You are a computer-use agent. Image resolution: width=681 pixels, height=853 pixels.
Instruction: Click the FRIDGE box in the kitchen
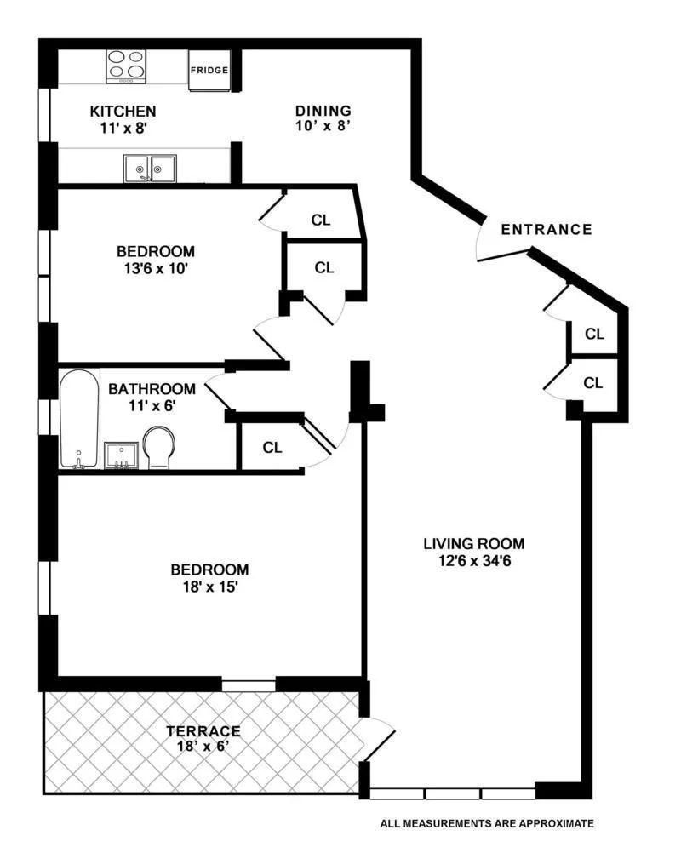click(209, 70)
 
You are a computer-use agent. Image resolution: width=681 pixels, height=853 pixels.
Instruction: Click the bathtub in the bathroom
click(78, 417)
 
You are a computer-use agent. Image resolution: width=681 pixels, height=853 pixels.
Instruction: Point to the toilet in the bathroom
click(158, 447)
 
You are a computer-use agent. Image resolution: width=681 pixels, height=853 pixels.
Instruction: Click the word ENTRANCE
click(546, 229)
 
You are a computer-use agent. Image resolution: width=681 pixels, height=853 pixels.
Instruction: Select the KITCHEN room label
click(123, 112)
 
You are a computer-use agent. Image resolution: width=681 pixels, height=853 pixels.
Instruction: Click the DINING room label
click(323, 111)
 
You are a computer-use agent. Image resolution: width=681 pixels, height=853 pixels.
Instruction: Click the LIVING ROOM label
click(474, 543)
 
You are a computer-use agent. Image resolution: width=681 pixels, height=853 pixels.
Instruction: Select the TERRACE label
click(203, 731)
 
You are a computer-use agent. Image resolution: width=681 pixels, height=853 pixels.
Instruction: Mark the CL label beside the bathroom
click(272, 448)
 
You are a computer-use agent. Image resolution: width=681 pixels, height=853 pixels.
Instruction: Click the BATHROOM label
click(152, 389)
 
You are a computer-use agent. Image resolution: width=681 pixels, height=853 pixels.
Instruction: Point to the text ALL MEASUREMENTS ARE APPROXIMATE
click(487, 823)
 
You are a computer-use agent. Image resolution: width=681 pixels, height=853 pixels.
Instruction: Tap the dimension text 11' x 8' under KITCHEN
click(123, 129)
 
